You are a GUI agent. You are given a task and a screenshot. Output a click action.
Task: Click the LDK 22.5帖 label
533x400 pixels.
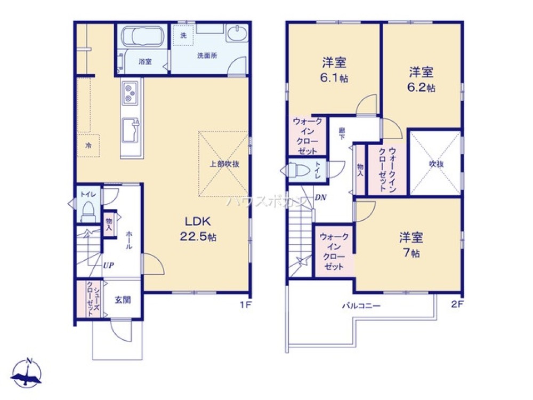(199, 229)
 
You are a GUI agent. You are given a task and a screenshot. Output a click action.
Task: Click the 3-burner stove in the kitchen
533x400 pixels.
(131, 93)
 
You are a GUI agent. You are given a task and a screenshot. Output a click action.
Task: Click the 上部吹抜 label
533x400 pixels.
(224, 164)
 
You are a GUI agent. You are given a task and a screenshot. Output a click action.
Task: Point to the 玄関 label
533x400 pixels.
(123, 300)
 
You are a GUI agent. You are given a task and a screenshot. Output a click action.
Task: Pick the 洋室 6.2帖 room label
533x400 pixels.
(421, 78)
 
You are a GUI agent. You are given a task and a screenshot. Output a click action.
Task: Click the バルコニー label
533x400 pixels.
(361, 307)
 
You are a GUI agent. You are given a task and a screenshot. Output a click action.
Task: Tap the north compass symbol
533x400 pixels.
(28, 373)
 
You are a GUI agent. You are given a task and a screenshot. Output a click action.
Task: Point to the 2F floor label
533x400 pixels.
(457, 305)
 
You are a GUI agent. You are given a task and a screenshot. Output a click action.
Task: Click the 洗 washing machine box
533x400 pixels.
(183, 36)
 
